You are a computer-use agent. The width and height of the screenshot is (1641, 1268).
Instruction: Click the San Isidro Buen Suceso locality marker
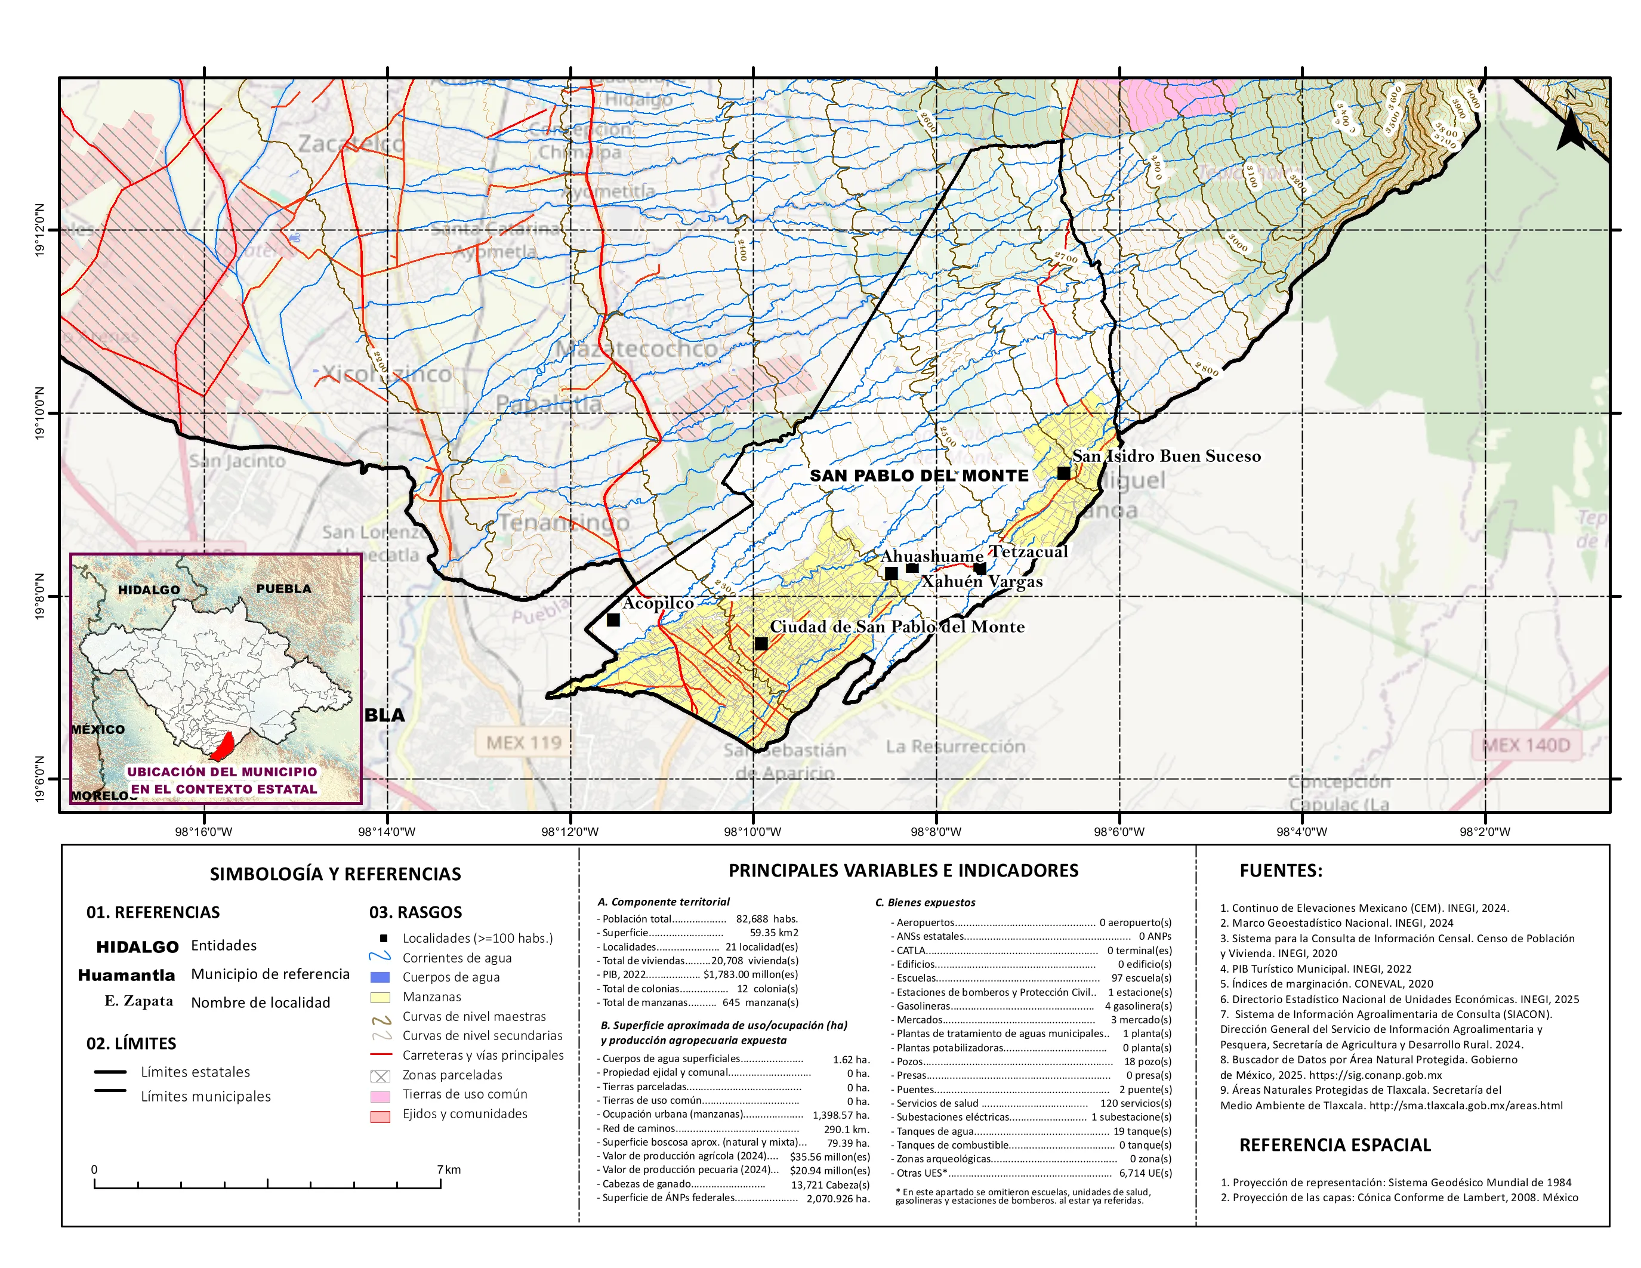[x=1063, y=473]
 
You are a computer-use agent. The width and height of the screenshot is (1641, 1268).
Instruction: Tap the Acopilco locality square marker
[x=613, y=620]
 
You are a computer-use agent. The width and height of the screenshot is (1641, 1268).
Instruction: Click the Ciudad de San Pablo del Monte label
[x=896, y=627]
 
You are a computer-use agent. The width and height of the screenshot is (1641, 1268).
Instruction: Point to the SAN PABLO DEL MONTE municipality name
[x=918, y=476]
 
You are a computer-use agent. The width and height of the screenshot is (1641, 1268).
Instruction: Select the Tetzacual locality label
[x=1029, y=551]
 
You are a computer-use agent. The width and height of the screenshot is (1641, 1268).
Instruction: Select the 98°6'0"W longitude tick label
[x=1119, y=832]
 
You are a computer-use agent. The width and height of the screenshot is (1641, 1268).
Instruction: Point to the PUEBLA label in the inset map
[x=283, y=588]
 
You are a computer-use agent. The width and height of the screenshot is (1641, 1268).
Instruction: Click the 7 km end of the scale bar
[x=441, y=1183]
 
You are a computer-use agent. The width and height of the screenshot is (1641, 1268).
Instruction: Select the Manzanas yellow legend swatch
[x=380, y=997]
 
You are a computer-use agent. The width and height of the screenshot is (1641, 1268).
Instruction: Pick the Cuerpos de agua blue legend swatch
[x=380, y=977]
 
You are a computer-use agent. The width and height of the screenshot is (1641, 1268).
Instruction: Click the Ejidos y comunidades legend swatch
[x=380, y=1115]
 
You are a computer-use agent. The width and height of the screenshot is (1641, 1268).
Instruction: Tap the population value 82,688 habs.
[x=766, y=919]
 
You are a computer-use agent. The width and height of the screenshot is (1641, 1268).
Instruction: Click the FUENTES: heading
[x=1281, y=871]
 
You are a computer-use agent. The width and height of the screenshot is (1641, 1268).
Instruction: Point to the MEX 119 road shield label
[x=524, y=743]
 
